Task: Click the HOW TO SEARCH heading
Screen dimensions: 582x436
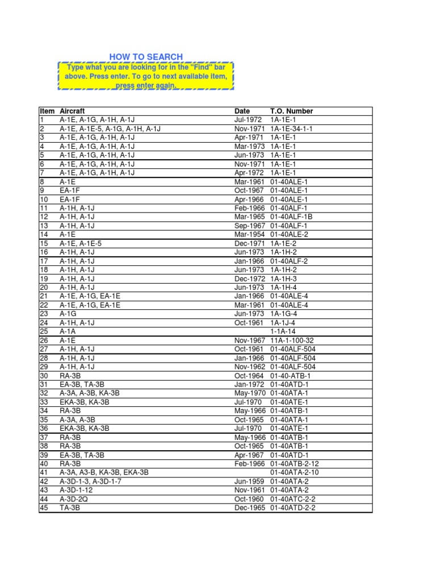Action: pos(146,57)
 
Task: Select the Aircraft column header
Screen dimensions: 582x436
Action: pos(72,111)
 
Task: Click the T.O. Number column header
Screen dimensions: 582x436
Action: pos(291,111)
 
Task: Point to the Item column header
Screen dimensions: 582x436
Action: pos(47,111)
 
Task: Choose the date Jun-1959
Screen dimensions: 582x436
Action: pos(249,481)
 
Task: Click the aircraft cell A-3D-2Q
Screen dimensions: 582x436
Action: pos(74,499)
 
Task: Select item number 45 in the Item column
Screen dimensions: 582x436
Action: pos(44,508)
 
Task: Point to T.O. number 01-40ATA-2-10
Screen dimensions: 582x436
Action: pos(295,473)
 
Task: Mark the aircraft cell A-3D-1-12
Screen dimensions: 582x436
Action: pos(76,490)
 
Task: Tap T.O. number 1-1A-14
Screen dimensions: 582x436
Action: pos(283,331)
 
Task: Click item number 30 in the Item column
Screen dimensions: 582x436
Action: pos(44,376)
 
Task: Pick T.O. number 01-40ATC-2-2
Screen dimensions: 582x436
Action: pos(293,499)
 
